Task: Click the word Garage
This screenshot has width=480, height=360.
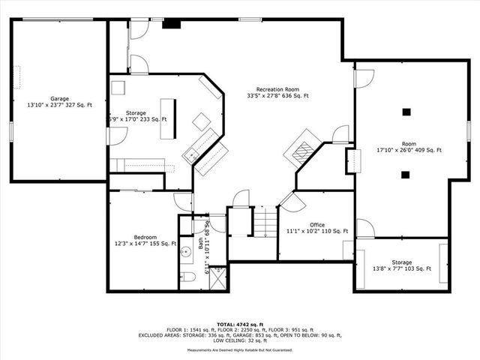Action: click(x=60, y=98)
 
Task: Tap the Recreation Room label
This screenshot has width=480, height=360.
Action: click(x=277, y=88)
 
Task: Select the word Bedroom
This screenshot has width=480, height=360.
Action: click(x=145, y=237)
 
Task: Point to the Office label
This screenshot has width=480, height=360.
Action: click(x=317, y=225)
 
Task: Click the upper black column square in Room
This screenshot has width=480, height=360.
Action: click(x=406, y=112)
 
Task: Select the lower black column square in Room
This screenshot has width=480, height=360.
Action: click(x=406, y=175)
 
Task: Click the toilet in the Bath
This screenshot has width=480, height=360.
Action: click(x=187, y=277)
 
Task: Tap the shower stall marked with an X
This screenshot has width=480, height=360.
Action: click(x=217, y=278)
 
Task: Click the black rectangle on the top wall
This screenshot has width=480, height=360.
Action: click(x=172, y=23)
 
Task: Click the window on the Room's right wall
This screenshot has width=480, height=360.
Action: click(x=468, y=130)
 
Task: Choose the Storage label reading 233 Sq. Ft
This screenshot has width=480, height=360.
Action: click(x=136, y=119)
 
